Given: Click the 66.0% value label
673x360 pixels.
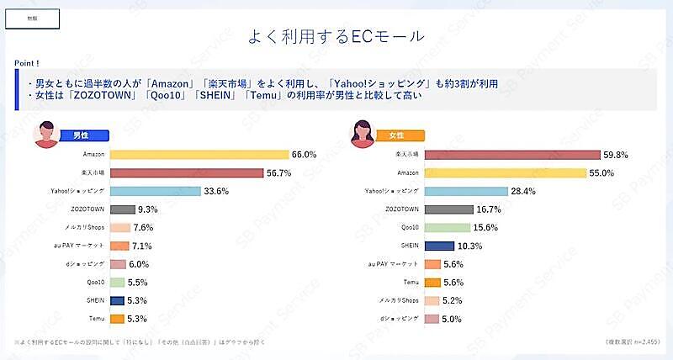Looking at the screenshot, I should tap(303, 155).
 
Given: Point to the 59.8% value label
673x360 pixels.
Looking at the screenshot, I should tap(614, 155).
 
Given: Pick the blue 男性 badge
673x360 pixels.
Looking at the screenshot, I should tap(82, 135).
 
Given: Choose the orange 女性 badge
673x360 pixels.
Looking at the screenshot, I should tap(397, 135).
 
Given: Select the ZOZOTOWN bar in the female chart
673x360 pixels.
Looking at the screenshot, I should tap(448, 209).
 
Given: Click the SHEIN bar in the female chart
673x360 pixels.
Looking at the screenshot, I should tap(439, 246).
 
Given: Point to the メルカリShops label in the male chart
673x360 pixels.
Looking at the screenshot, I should tap(85, 228).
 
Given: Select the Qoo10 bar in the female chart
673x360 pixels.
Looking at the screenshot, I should tap(447, 228).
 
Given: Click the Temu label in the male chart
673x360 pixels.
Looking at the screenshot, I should tap(96, 319).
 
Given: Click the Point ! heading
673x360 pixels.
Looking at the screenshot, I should tap(28, 63).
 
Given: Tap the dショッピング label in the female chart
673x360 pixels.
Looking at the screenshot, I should tap(400, 319).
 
